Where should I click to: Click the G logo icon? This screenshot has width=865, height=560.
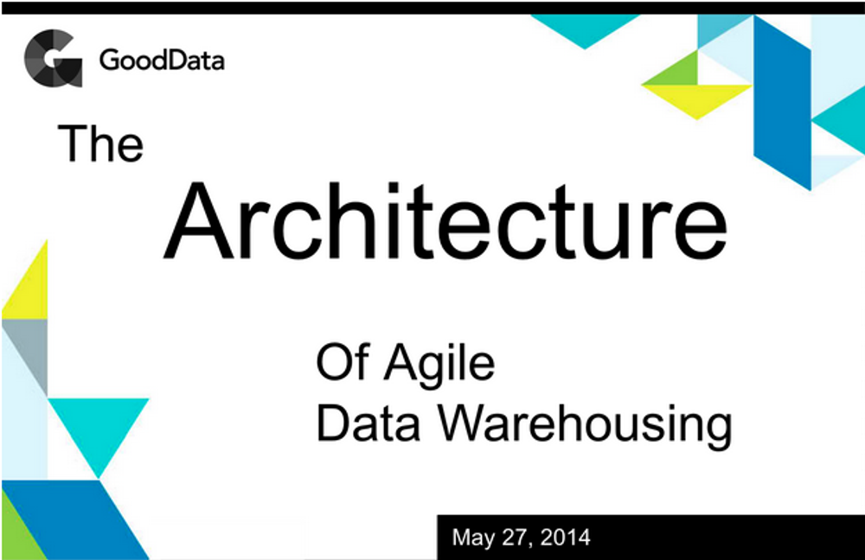53,59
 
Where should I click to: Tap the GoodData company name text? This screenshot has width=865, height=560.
162,60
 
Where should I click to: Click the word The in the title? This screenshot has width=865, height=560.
100,143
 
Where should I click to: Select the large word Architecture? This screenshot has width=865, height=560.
445,221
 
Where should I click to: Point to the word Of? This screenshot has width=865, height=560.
343,361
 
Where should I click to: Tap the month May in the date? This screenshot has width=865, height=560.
474,538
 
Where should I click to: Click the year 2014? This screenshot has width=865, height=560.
566,538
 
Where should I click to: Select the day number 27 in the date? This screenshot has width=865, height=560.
517,538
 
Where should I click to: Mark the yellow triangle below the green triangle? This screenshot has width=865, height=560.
697,97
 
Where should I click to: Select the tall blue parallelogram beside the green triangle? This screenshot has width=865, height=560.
782,103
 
